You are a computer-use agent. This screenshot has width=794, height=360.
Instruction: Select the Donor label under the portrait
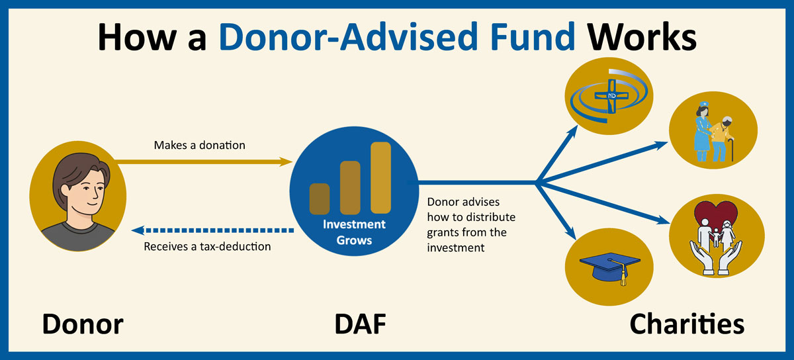click(x=83, y=324)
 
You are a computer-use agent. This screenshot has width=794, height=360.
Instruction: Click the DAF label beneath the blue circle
click(x=357, y=324)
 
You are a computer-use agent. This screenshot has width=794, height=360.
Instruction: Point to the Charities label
click(x=687, y=324)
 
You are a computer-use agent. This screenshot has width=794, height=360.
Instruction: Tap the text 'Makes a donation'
click(x=199, y=144)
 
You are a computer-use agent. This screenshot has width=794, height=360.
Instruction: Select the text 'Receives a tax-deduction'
click(x=208, y=247)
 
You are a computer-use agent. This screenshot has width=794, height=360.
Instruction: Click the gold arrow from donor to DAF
click(x=205, y=161)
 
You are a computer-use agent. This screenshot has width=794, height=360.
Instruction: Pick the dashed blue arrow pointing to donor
click(x=212, y=230)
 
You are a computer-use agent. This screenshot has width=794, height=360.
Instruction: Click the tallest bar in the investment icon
click(x=380, y=177)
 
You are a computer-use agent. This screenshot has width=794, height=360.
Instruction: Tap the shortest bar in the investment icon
click(x=320, y=198)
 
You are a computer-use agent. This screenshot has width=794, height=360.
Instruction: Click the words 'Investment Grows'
click(x=354, y=232)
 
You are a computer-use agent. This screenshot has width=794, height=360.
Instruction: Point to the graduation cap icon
click(x=609, y=264)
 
